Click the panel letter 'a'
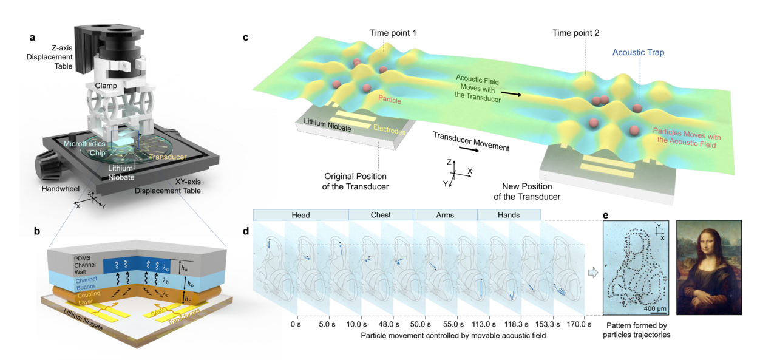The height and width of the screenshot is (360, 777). click(x=32, y=38)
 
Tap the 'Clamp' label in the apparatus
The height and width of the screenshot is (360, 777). click(x=105, y=86)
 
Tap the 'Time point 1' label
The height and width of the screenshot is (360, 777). click(x=394, y=32)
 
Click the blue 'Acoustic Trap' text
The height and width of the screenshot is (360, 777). click(x=638, y=53)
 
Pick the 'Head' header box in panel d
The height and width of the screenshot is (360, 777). click(x=300, y=214)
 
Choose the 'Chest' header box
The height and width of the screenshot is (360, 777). click(x=380, y=214)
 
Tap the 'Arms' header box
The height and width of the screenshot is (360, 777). click(x=444, y=214)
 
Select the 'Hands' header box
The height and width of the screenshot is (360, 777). click(x=508, y=214)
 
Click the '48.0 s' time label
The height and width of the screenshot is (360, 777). click(x=394, y=324)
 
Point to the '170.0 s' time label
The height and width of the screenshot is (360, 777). click(x=571, y=324)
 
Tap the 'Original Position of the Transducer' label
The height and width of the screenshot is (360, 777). click(x=356, y=181)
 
